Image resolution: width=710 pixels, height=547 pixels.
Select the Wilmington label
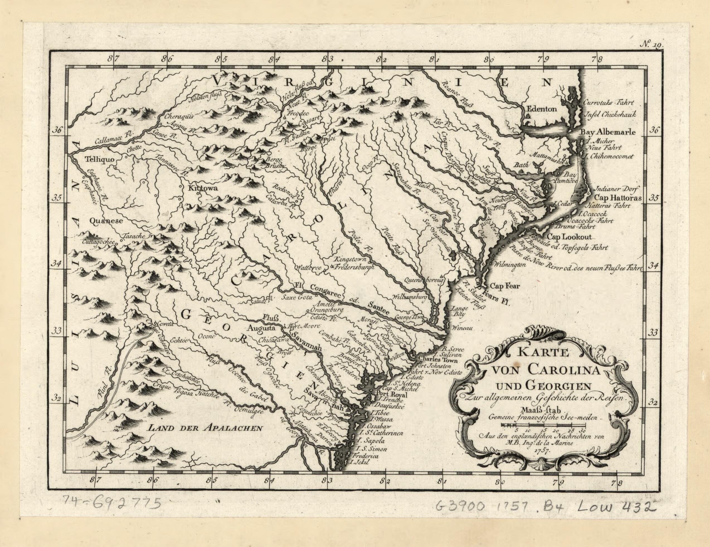coord(509,264)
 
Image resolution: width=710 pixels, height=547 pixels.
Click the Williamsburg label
coord(410,297)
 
